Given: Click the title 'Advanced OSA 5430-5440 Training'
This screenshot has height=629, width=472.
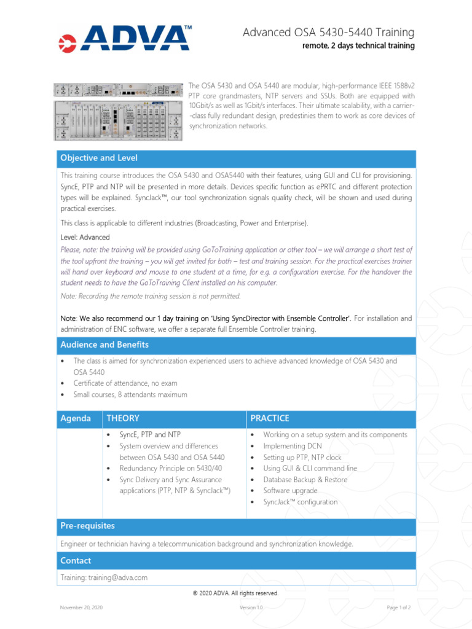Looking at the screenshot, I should (329, 32).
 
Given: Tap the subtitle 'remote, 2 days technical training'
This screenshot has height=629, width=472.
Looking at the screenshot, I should (358, 46).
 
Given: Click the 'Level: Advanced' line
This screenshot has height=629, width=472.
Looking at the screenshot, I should (85, 237).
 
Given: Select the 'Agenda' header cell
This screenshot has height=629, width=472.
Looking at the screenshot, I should (75, 418).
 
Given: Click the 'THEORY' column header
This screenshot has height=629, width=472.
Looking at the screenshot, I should (123, 418).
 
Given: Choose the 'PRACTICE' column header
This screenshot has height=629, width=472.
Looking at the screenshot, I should (270, 418).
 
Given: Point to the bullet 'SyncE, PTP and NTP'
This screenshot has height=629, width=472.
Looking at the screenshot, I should (150, 435).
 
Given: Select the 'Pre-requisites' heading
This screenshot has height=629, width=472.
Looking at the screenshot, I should (87, 526).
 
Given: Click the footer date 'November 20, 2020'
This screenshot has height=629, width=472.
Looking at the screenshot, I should (81, 608).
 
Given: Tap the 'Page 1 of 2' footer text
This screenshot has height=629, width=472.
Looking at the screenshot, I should (399, 608).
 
